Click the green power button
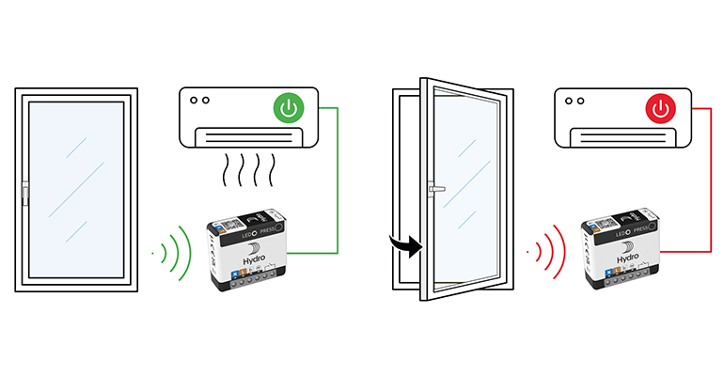tap(289, 109)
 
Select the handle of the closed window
tap(24, 196)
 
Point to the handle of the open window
tap(433, 189)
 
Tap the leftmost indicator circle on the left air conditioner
tap(194, 100)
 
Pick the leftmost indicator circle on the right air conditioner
tap(568, 100)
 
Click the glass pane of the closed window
tap(76, 188)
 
